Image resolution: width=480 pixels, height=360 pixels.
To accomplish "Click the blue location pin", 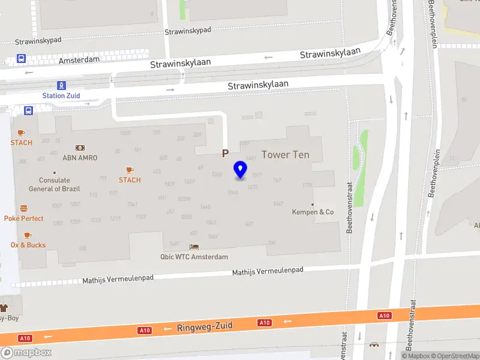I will click(241, 170).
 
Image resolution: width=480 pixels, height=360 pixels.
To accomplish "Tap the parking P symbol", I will click(226, 154).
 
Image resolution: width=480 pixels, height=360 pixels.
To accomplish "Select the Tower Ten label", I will click(286, 155).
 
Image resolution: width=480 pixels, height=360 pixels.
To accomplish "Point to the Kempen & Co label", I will click(313, 212).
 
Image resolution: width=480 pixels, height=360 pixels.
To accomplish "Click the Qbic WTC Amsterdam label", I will click(194, 257).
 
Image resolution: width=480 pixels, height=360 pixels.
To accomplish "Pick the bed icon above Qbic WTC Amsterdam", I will click(194, 247).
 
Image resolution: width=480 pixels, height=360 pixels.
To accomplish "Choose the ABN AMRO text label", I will click(80, 158).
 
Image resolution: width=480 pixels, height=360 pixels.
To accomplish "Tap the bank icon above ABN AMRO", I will click(80, 148).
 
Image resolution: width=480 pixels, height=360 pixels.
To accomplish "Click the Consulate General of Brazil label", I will click(54, 184).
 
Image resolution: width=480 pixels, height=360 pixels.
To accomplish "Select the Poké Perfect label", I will click(24, 218).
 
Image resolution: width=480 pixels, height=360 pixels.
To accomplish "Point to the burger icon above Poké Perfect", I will click(24, 208).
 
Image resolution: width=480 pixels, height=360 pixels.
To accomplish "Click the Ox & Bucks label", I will click(28, 245).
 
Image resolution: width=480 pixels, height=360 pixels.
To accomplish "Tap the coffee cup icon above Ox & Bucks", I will click(28, 235).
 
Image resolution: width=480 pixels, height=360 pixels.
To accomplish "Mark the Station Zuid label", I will click(61, 95).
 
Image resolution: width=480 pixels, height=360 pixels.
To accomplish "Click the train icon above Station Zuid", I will click(61, 85).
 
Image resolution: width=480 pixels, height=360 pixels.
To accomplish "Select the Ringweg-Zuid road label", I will click(204, 328).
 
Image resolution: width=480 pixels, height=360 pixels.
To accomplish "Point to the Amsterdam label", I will click(79, 61).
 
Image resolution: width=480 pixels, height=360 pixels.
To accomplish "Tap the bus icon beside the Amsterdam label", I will click(21, 59).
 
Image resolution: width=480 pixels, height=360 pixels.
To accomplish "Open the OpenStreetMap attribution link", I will click(454, 356).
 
